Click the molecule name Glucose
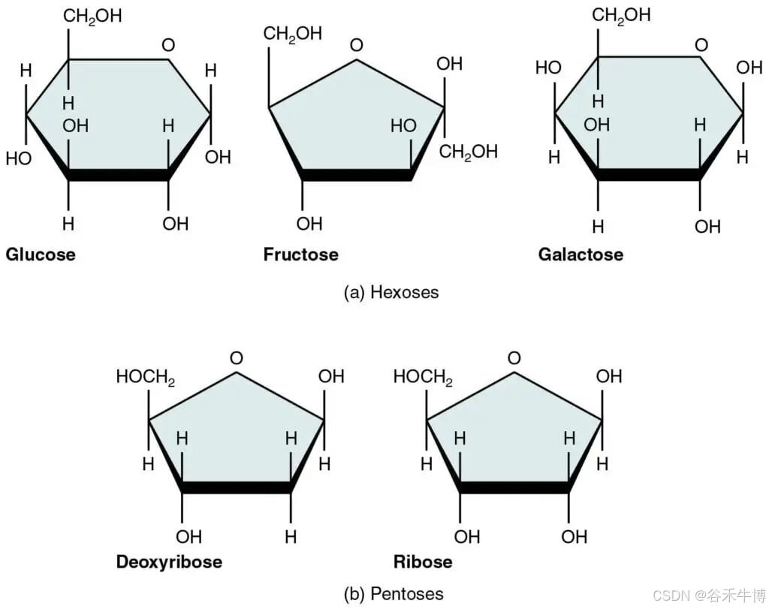41,255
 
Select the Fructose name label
300,255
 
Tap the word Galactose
581,255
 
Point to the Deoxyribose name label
169,562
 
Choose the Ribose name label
423,562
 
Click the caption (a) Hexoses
391,292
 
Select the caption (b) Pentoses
393,593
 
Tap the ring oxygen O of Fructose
356,46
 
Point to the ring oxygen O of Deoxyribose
236,358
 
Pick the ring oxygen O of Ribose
514,358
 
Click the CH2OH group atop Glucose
92,17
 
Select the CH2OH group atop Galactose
621,17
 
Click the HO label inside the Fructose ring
403,126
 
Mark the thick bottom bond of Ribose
514,488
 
